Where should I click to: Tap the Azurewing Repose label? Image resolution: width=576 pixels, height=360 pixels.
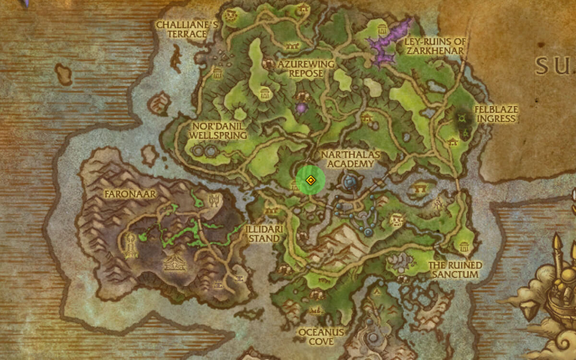point(305,68)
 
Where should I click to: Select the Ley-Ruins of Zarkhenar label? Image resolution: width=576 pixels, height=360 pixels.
point(434,46)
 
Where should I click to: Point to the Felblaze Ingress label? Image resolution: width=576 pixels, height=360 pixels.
point(496,114)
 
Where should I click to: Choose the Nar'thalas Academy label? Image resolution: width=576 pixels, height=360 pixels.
point(350,159)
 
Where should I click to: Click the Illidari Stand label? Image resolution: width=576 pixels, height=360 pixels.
point(262,234)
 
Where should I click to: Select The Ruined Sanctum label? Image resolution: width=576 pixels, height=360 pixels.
point(455,270)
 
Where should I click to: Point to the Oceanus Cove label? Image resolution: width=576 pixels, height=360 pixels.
point(321,336)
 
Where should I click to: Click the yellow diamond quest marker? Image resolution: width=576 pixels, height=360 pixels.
point(311,180)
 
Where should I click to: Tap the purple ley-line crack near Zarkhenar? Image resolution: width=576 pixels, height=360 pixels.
point(389,43)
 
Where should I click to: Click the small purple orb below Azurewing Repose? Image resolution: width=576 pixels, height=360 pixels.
point(301,108)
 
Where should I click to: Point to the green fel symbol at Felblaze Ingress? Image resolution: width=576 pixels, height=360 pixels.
point(462,118)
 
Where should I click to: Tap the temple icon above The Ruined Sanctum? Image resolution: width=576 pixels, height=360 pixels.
point(464,247)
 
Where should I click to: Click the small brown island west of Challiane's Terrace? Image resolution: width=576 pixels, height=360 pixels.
point(63,74)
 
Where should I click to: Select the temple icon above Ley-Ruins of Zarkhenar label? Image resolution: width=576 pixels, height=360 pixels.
point(383,26)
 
